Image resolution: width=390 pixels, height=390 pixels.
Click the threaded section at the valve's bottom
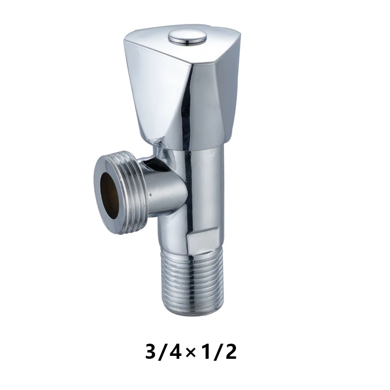[193, 283]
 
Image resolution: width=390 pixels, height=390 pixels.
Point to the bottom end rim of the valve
[193, 312]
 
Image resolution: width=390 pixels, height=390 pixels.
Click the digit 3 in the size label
[153, 351]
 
